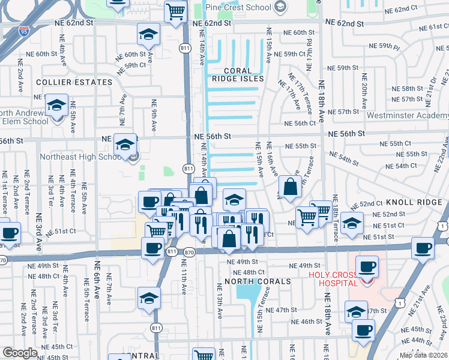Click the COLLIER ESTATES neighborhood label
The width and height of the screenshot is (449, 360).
point(74,82)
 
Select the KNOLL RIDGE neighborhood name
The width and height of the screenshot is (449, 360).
point(414,203)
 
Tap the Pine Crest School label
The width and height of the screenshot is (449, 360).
point(238,7)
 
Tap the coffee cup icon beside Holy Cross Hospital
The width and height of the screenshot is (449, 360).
point(367,266)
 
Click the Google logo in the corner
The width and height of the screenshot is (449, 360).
point(20,353)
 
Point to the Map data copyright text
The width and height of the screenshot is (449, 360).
point(423,355)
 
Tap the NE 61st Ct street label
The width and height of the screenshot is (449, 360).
point(430,28)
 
